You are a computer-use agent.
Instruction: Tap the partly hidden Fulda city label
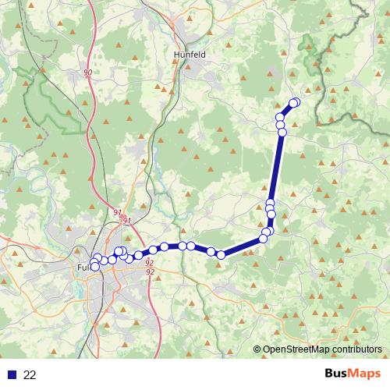[x=83, y=268]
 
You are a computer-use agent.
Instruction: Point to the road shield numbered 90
[x=87, y=73]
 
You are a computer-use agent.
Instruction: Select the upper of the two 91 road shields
[x=117, y=212]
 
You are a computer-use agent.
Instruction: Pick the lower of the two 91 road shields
[x=127, y=222]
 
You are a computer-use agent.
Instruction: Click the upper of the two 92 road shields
[x=149, y=263]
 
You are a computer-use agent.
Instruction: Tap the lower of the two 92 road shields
[x=149, y=271]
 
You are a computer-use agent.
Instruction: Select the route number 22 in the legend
[x=30, y=375]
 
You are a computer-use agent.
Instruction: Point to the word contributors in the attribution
[x=356, y=349]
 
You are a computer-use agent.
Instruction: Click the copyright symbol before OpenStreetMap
[x=257, y=349]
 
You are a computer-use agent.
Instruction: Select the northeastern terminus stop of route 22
[x=295, y=102]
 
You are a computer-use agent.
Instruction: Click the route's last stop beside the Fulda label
[x=95, y=267]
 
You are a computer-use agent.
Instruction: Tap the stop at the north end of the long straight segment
[x=282, y=132]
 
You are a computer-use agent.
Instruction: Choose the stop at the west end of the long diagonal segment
[x=222, y=254]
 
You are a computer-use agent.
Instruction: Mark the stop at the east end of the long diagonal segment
[x=264, y=238]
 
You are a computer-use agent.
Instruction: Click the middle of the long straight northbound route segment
[x=276, y=168]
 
